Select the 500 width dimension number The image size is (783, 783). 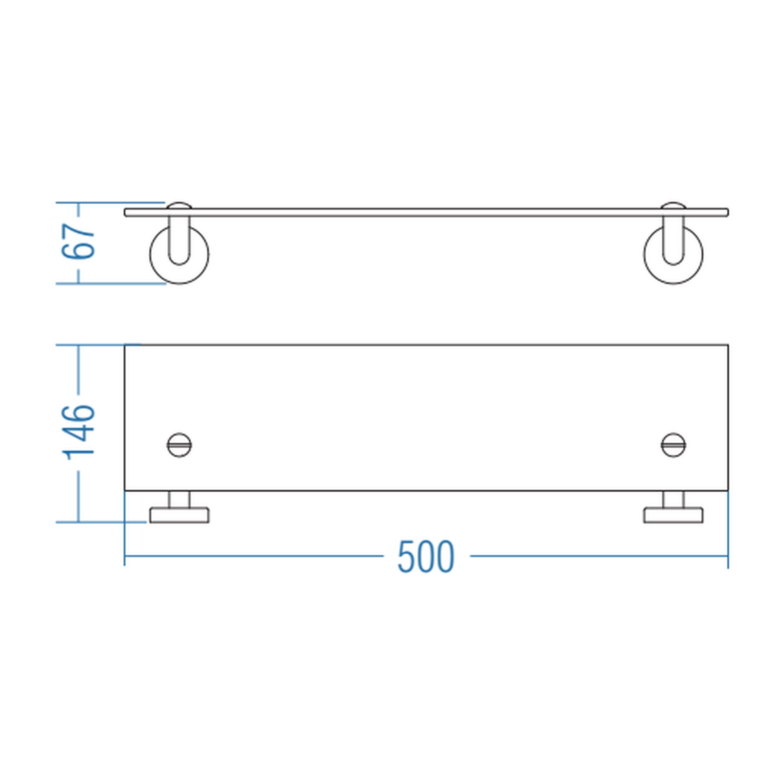click(426, 556)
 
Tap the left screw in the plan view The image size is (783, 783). click(179, 445)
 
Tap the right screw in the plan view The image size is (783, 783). click(673, 445)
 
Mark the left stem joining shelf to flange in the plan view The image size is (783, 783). click(179, 499)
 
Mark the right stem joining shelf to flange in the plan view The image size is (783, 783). click(673, 499)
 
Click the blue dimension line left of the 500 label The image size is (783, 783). click(254, 556)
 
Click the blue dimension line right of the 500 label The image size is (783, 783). click(599, 556)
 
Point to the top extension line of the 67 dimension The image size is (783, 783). click(110, 202)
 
